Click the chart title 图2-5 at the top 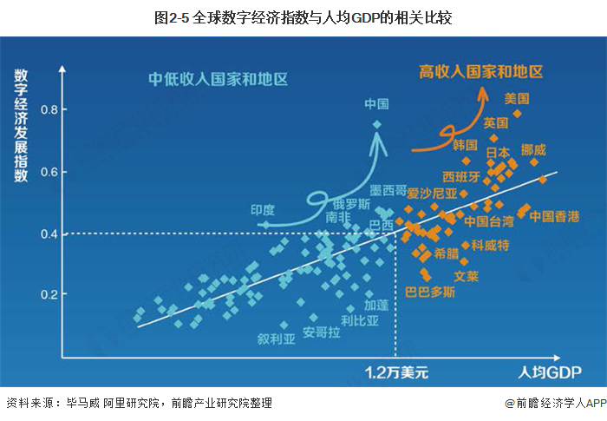coord(303,16)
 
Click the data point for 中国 coord(376,124)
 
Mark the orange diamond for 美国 coord(518,113)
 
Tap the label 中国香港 coord(554,215)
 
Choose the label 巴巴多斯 coord(430,293)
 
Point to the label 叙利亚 coord(277,338)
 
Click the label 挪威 coord(533,149)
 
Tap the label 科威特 coord(490,246)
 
